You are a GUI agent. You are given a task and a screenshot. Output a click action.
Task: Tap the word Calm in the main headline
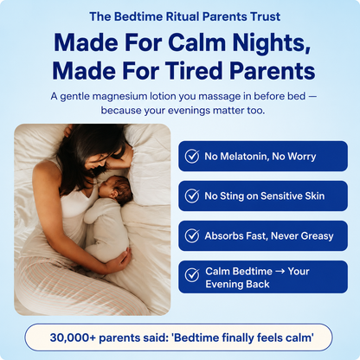[196, 42]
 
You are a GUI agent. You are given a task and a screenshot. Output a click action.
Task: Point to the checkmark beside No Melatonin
[192, 156]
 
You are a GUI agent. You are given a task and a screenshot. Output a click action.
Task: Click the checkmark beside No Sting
[192, 196]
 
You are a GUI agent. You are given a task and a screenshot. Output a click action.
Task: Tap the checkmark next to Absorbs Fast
[192, 235]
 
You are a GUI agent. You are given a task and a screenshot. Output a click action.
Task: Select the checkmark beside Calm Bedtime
[192, 275]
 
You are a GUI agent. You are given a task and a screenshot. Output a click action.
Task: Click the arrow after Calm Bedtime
[280, 272]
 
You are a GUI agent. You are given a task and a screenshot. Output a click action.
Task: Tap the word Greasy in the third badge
[317, 236]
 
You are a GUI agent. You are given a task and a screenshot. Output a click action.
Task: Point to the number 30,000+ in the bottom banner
[73, 337]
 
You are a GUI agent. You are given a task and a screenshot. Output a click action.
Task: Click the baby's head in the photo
[117, 190]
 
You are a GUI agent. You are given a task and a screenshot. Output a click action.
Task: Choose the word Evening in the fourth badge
[224, 285]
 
